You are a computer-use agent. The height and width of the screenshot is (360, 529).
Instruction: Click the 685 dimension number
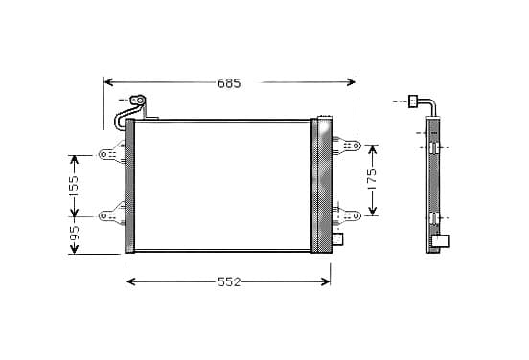point(229,83)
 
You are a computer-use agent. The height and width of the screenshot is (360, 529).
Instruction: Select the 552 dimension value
point(229,281)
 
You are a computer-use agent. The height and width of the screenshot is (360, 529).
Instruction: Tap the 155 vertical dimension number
point(74,186)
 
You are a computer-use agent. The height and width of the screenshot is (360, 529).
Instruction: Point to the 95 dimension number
point(74,234)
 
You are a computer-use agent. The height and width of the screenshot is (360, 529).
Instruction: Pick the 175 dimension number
point(371,180)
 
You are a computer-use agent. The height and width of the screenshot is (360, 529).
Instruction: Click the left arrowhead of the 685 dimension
point(109,81)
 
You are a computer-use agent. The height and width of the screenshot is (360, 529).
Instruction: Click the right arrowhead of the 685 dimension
point(351,81)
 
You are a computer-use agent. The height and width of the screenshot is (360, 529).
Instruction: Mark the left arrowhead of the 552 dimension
point(131,281)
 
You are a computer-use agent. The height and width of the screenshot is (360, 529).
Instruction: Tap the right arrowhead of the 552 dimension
point(326,281)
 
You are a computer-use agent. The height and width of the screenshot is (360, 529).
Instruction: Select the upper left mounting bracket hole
point(103,155)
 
